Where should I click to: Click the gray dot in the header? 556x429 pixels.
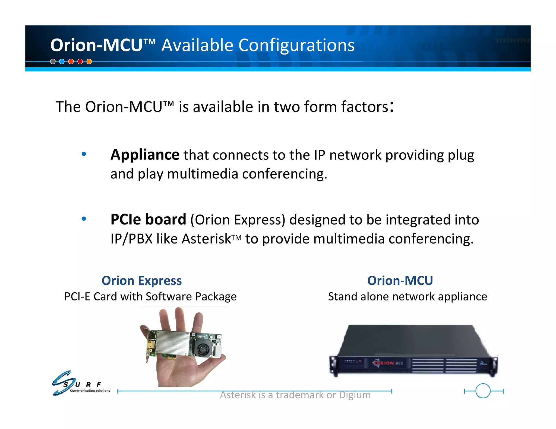point(53,62)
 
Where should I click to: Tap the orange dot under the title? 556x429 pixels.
point(89,62)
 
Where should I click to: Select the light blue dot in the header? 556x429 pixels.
point(62,62)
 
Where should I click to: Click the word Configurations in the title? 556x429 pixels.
point(296,45)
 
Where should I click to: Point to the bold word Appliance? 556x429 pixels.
point(145,155)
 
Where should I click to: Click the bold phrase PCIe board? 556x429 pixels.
point(148,219)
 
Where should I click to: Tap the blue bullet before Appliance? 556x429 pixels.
point(84,154)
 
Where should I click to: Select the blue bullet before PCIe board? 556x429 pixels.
point(84,219)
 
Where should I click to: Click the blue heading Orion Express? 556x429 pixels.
point(142,281)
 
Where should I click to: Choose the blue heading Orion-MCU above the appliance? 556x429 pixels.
point(400,281)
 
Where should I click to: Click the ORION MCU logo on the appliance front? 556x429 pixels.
point(388,363)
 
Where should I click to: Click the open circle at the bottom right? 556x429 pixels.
point(483,391)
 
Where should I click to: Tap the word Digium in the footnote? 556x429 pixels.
point(355,395)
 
